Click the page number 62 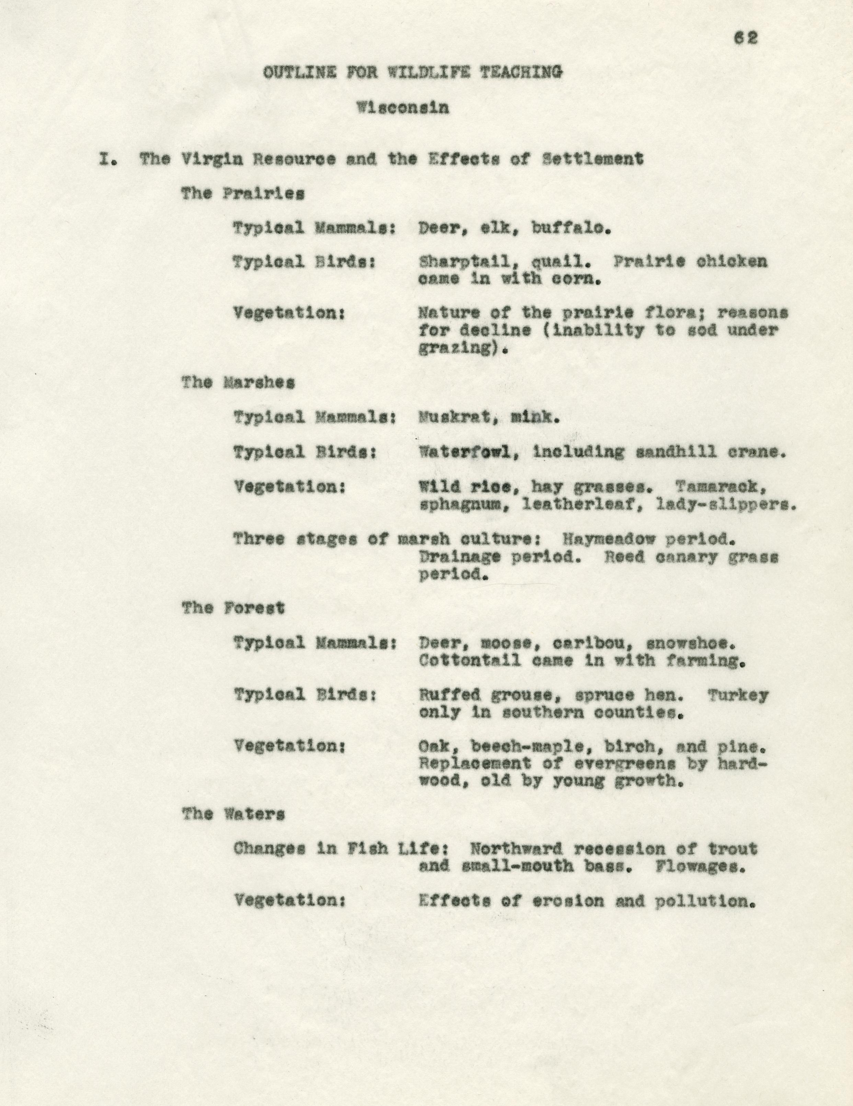[746, 38]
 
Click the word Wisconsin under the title [402, 108]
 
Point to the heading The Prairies [243, 194]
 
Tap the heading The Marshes [238, 383]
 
